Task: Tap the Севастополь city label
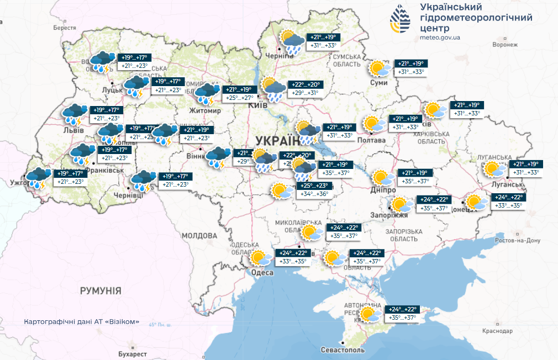343,351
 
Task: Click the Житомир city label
204,111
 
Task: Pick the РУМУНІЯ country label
100,290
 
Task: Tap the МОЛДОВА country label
199,235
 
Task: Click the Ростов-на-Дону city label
517,241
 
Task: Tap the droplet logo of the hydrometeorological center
401,20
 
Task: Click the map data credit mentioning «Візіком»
82,322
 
